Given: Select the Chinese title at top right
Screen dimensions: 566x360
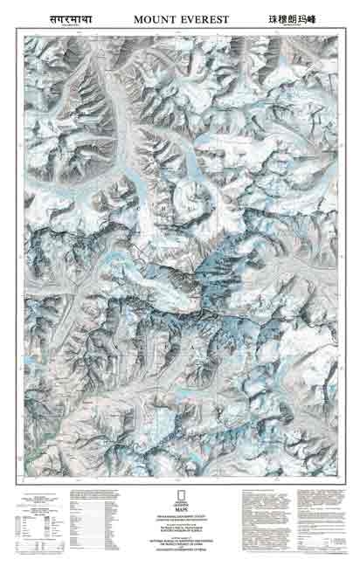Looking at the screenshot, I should coord(299,17).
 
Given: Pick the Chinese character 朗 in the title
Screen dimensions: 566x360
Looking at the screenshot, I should coord(299,17).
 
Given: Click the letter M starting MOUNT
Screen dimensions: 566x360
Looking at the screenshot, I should coord(138,17).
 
